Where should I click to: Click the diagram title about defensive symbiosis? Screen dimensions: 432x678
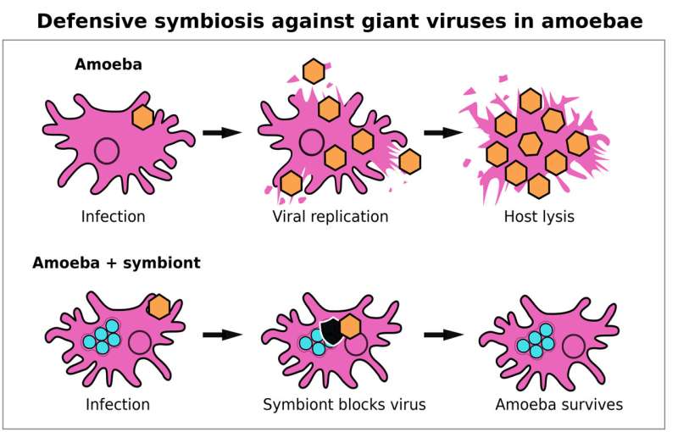[339, 20]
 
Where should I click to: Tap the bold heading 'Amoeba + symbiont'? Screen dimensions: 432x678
[116, 263]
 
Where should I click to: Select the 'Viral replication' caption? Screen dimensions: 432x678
[331, 216]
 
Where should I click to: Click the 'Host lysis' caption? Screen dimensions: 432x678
[539, 216]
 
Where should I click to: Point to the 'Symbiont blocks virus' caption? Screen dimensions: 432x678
[344, 404]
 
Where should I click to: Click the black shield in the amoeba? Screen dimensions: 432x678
[331, 330]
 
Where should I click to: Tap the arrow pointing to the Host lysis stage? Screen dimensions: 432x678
[442, 132]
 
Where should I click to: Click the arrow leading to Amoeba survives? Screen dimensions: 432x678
[442, 335]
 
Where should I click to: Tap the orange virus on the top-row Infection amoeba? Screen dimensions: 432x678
[142, 117]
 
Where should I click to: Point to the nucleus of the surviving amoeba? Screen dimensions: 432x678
[574, 346]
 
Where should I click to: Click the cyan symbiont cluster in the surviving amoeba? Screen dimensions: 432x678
[535, 341]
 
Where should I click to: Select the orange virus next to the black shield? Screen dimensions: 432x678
[350, 325]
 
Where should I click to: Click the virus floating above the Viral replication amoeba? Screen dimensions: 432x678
[314, 71]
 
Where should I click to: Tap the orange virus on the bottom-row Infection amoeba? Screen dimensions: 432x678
[158, 307]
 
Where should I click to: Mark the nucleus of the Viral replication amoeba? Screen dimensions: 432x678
[311, 141]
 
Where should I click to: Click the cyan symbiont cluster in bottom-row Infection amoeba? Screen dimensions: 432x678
[102, 337]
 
